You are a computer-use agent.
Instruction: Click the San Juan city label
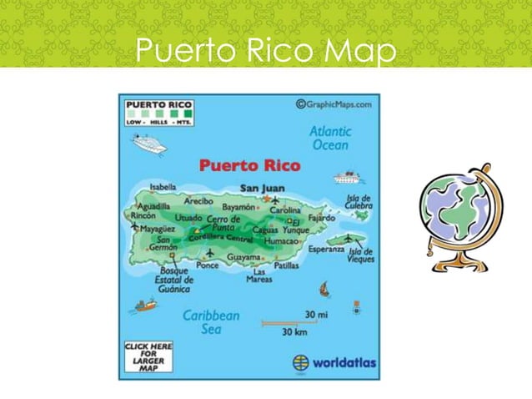[x=262, y=189]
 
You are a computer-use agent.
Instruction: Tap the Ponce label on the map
[x=207, y=266]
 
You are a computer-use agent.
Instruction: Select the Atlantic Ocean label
[x=330, y=138]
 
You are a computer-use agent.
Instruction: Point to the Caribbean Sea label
[x=211, y=321]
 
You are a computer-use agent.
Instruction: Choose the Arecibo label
[x=199, y=200]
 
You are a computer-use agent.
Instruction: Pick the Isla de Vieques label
[x=362, y=255]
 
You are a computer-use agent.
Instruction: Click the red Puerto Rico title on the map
[x=249, y=165]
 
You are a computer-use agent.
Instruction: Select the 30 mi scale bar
[x=288, y=321]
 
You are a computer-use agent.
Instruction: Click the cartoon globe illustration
[x=462, y=215]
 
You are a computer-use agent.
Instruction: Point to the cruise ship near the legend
[x=150, y=145]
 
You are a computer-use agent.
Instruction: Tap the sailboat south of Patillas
[x=324, y=290]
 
